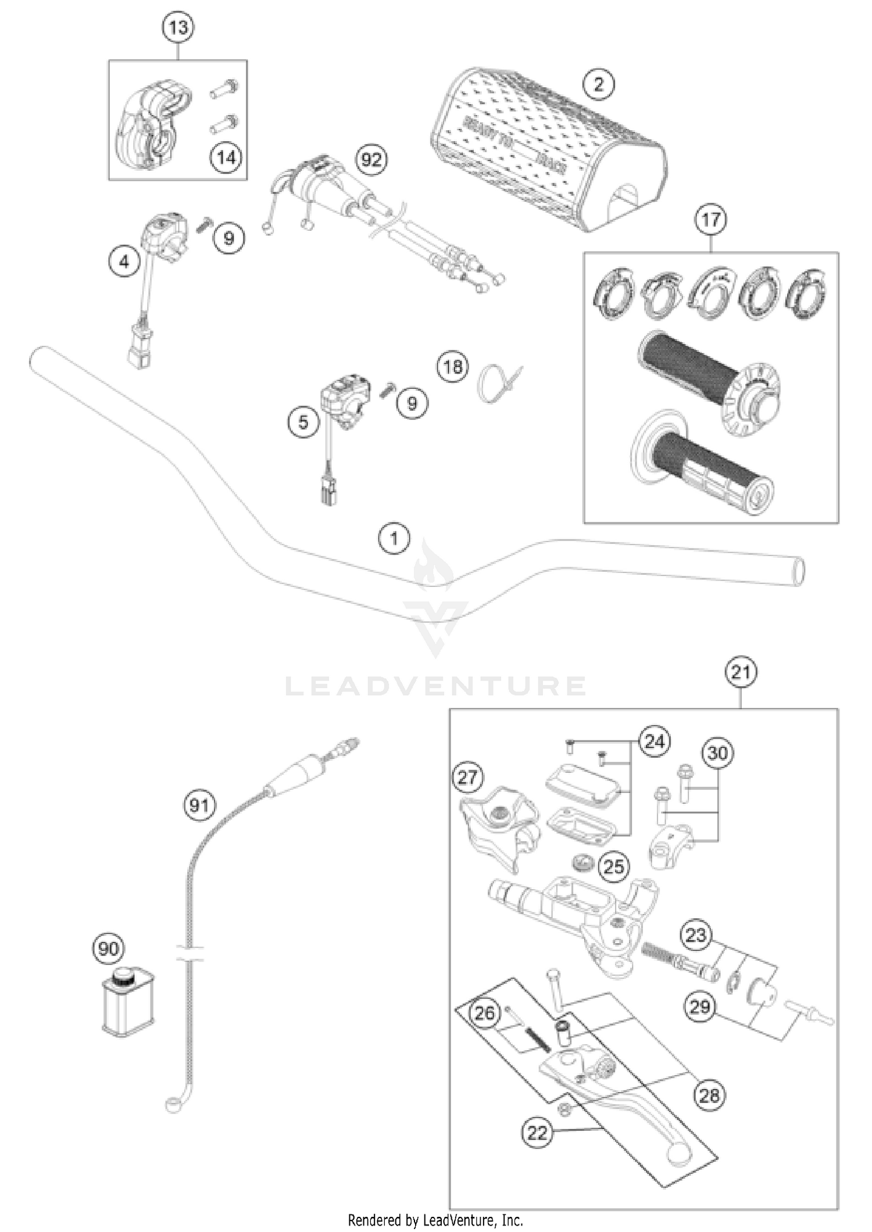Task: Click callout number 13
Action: [178, 27]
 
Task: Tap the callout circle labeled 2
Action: [598, 85]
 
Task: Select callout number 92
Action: [371, 159]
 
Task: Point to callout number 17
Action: [711, 220]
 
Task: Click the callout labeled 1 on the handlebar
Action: [394, 539]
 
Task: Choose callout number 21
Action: [741, 672]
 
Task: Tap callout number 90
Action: [108, 949]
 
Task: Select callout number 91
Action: [199, 805]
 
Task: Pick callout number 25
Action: [614, 866]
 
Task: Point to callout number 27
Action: [468, 777]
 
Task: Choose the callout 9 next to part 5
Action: [412, 403]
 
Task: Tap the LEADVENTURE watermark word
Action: [435, 686]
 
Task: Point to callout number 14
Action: [226, 157]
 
